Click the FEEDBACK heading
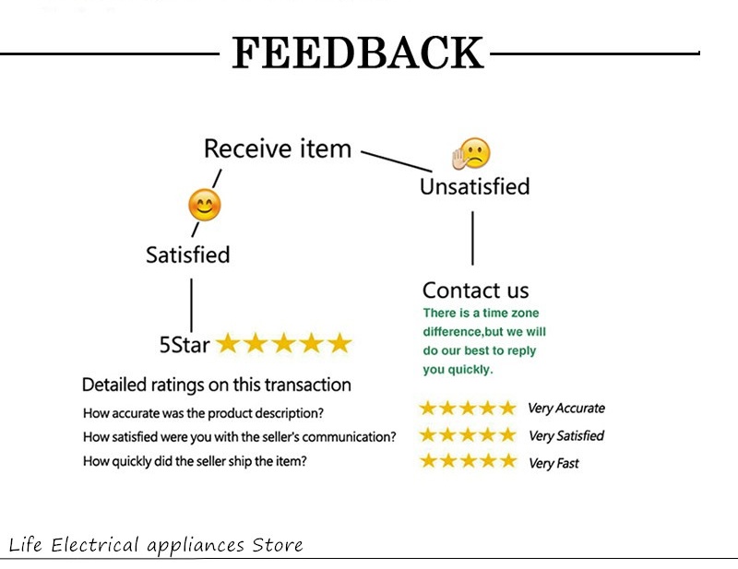(x=358, y=53)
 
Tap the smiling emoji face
(x=204, y=205)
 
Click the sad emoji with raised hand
(x=471, y=153)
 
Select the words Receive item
(x=278, y=148)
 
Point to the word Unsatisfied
(x=475, y=186)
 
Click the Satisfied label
(x=188, y=255)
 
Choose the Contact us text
(x=475, y=290)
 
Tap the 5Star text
(x=184, y=345)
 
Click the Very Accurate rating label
(x=566, y=408)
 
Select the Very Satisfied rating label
(x=566, y=436)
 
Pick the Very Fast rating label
(x=553, y=464)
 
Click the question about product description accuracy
(x=203, y=413)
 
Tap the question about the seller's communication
(x=240, y=437)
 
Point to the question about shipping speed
(x=195, y=461)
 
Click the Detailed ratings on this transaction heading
(x=217, y=385)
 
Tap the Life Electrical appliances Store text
(x=156, y=545)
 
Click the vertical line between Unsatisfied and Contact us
(x=472, y=238)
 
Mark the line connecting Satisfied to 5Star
(x=191, y=305)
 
